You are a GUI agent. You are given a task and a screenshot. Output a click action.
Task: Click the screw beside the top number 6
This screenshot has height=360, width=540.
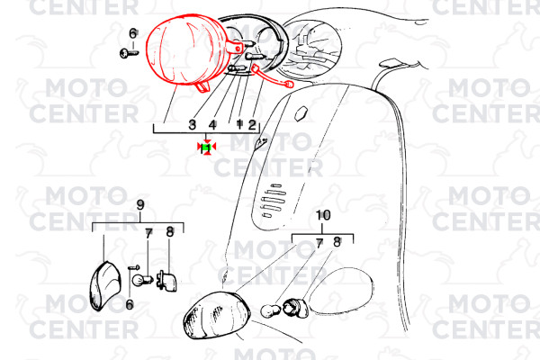pyautogui.click(x=129, y=53)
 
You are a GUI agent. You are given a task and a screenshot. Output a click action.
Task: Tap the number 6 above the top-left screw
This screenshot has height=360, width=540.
pyautogui.click(x=133, y=33)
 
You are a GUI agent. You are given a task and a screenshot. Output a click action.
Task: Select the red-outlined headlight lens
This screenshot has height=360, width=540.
pyautogui.click(x=186, y=49)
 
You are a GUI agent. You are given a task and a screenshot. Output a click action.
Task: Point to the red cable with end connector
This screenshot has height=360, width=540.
pyautogui.click(x=272, y=76)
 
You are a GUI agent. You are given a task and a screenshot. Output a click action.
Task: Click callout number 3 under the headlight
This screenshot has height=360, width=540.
pyautogui.click(x=193, y=124)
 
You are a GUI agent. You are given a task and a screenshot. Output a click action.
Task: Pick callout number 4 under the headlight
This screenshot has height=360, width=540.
pyautogui.click(x=212, y=124)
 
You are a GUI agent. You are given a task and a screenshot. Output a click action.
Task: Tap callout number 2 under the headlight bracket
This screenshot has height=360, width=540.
pyautogui.click(x=252, y=124)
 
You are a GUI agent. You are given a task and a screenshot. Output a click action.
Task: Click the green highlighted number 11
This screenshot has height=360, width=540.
pyautogui.click(x=207, y=148)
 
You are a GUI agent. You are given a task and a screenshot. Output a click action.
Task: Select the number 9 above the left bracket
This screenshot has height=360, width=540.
pyautogui.click(x=140, y=205)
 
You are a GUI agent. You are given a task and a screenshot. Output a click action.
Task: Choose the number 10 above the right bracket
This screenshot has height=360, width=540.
pyautogui.click(x=323, y=215)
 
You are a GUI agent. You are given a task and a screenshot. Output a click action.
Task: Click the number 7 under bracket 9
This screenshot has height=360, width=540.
pyautogui.click(x=148, y=234)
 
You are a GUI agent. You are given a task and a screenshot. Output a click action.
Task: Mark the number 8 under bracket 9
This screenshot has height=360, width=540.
pyautogui.click(x=170, y=232)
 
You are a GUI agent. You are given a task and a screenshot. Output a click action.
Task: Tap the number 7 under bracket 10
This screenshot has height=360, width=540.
pyautogui.click(x=319, y=244)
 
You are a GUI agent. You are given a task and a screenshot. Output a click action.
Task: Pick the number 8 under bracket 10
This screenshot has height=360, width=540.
pyautogui.click(x=337, y=242)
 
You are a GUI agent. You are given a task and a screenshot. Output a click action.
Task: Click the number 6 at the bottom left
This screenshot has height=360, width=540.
pyautogui.click(x=130, y=304)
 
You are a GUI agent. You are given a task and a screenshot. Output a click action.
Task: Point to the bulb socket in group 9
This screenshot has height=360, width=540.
pyautogui.click(x=166, y=281)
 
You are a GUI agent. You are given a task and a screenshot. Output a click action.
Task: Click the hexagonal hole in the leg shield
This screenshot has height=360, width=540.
pyautogui.click(x=301, y=113)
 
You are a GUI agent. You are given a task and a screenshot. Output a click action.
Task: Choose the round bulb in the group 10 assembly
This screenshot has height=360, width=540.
pyautogui.click(x=271, y=310)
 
